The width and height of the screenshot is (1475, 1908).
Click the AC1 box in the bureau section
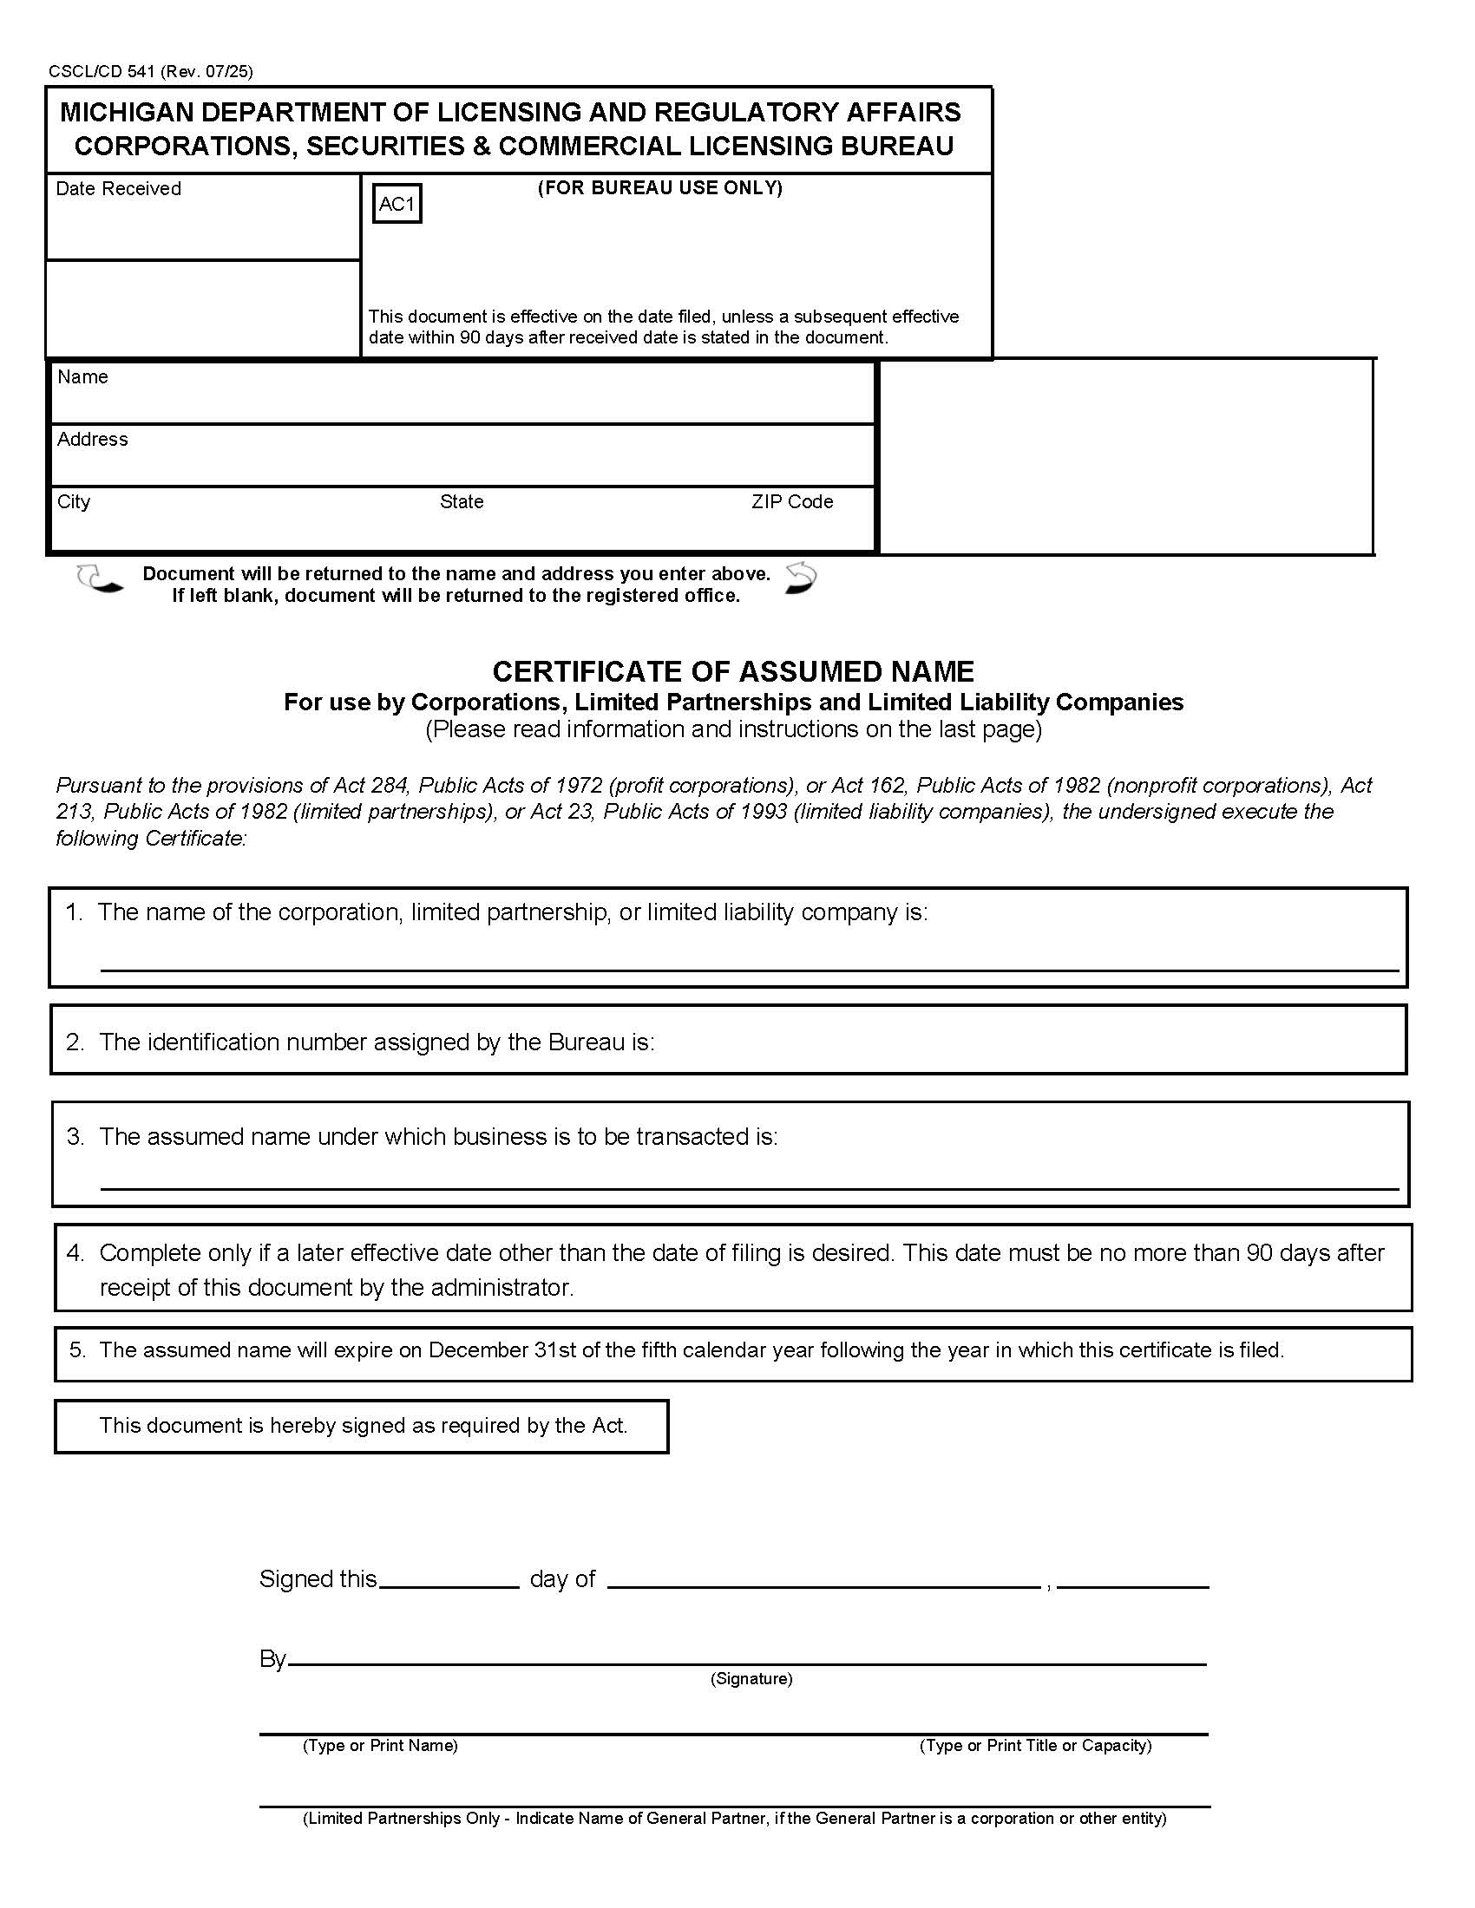397,204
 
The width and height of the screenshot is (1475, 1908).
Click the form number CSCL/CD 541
102,72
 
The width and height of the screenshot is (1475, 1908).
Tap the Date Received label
118,189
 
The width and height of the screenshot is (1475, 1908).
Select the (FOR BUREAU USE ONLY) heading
659,188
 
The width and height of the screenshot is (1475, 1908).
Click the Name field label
82,377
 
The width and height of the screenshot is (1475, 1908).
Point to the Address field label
92,440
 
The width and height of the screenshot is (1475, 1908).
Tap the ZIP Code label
791,502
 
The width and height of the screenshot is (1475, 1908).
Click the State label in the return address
462,502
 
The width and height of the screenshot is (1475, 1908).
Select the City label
74,502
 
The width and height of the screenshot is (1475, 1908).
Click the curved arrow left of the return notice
98,579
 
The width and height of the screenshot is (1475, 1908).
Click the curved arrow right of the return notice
800,578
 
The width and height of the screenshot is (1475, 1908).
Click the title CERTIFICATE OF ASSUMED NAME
732,672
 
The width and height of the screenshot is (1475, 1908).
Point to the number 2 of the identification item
75,1042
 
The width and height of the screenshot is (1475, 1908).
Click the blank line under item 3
748,1187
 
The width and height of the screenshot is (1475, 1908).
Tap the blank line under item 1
748,969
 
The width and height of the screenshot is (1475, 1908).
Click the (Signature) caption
751,1679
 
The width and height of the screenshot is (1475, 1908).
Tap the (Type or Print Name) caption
380,1747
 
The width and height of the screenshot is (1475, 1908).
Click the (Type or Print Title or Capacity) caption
1034,1747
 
